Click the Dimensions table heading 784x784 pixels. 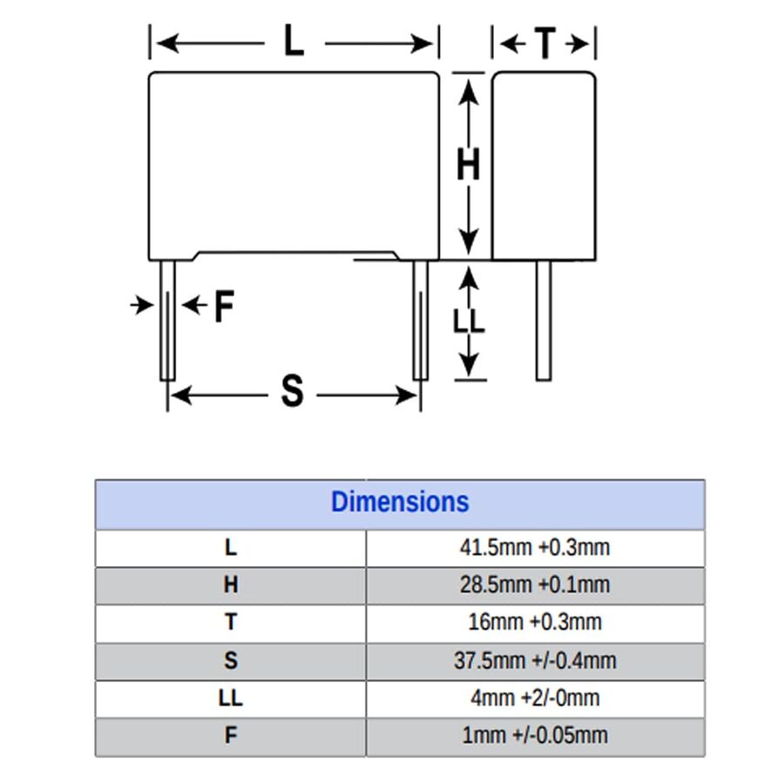(x=400, y=502)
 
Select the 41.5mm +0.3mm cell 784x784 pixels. (x=535, y=548)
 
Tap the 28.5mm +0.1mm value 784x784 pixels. (x=535, y=585)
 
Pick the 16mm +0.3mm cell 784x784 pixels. (x=535, y=623)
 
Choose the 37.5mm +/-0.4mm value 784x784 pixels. (x=535, y=660)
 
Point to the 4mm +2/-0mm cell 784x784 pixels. (x=535, y=698)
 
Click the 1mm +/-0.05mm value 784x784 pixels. (x=535, y=735)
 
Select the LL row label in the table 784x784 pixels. (x=231, y=698)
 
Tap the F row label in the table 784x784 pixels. (x=231, y=735)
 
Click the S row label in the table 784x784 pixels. (x=231, y=660)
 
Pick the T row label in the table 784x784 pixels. (x=231, y=623)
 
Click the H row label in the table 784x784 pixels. (x=231, y=585)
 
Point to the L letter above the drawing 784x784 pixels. (x=294, y=40)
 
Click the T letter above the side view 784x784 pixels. (x=545, y=44)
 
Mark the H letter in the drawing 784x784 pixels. (x=469, y=164)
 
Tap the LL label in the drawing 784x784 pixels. (x=469, y=321)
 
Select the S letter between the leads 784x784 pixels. (x=293, y=391)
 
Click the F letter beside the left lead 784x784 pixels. (x=225, y=306)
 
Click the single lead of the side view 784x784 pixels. (x=544, y=321)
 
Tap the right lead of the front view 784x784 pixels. (x=421, y=321)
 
